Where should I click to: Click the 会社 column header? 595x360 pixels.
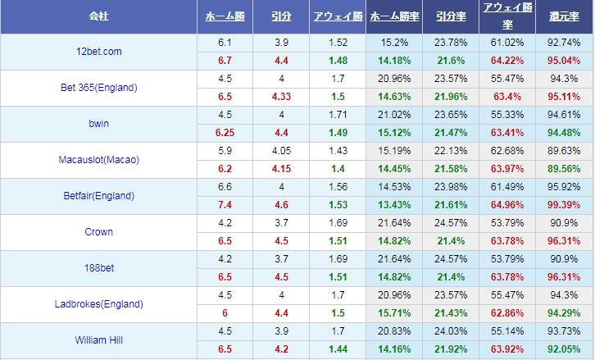click(98, 16)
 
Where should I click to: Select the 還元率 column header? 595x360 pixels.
click(565, 16)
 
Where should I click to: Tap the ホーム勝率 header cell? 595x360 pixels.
click(396, 16)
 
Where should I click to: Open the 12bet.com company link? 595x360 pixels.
click(98, 51)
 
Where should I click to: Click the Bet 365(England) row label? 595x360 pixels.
click(98, 88)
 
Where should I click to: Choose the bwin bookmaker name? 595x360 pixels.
click(98, 124)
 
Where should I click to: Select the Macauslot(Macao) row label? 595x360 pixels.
click(98, 160)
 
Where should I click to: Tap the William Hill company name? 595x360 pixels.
click(98, 340)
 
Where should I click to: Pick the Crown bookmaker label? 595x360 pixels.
click(98, 232)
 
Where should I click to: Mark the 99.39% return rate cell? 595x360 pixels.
click(565, 204)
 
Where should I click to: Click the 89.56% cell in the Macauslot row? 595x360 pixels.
click(565, 168)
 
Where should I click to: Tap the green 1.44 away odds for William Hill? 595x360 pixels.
click(337, 349)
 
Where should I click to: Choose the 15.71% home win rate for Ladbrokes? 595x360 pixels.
click(396, 312)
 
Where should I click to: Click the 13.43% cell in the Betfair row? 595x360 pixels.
click(396, 204)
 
